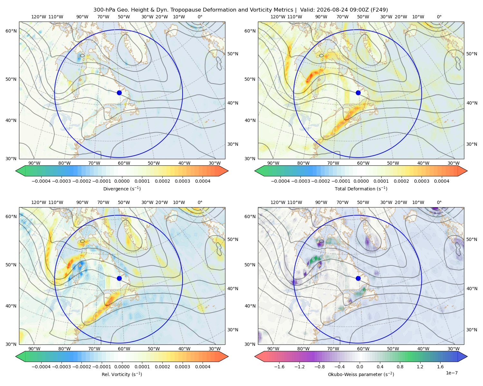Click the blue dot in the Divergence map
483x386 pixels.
[119, 93]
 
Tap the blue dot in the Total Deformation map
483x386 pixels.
[358, 93]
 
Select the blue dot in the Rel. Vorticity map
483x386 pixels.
[119, 278]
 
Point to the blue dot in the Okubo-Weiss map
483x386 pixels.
[358, 278]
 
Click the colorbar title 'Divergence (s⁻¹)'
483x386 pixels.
[122, 188]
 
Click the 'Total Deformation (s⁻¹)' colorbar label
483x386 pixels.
[361, 188]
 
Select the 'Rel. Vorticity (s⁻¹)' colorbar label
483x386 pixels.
[122, 374]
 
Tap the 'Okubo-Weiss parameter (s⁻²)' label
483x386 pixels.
[361, 374]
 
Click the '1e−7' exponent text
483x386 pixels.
[451, 373]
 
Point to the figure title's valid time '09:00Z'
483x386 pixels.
[353, 10]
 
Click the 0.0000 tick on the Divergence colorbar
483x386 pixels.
[122, 181]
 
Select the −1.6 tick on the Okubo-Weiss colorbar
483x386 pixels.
[279, 366]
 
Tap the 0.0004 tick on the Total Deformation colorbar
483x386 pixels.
[441, 181]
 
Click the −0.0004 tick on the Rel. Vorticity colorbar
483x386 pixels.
[41, 366]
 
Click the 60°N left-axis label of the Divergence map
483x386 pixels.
[11, 31]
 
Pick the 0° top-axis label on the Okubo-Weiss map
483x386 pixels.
[439, 202]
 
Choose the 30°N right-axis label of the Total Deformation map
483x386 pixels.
[472, 144]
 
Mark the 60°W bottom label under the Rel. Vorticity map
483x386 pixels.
[124, 349]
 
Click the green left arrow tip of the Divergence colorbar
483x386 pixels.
[16, 171]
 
